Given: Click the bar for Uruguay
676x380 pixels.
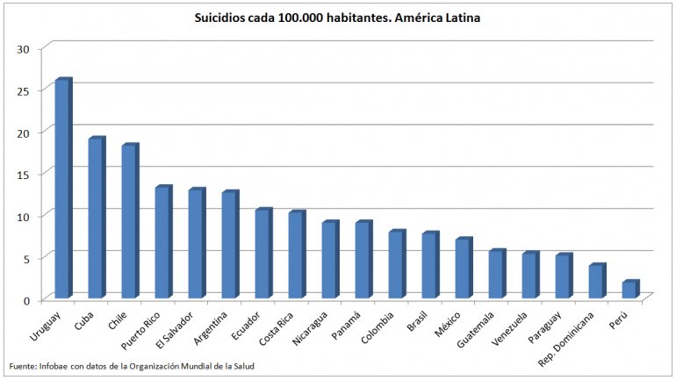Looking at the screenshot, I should tap(62, 189).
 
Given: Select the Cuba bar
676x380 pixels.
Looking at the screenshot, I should tap(96, 219).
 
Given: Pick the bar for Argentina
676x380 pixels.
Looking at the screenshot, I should tap(229, 246).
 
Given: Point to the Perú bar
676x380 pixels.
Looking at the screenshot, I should tap(629, 290).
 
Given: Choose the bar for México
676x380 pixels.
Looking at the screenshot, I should tap(463, 269).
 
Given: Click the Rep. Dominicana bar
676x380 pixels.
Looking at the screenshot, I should tap(596, 282).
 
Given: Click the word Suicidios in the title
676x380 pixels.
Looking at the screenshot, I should tap(220, 18).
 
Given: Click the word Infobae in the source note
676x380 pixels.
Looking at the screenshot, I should tap(53, 366).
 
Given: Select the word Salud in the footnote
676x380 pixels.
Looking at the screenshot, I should tap(242, 366).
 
